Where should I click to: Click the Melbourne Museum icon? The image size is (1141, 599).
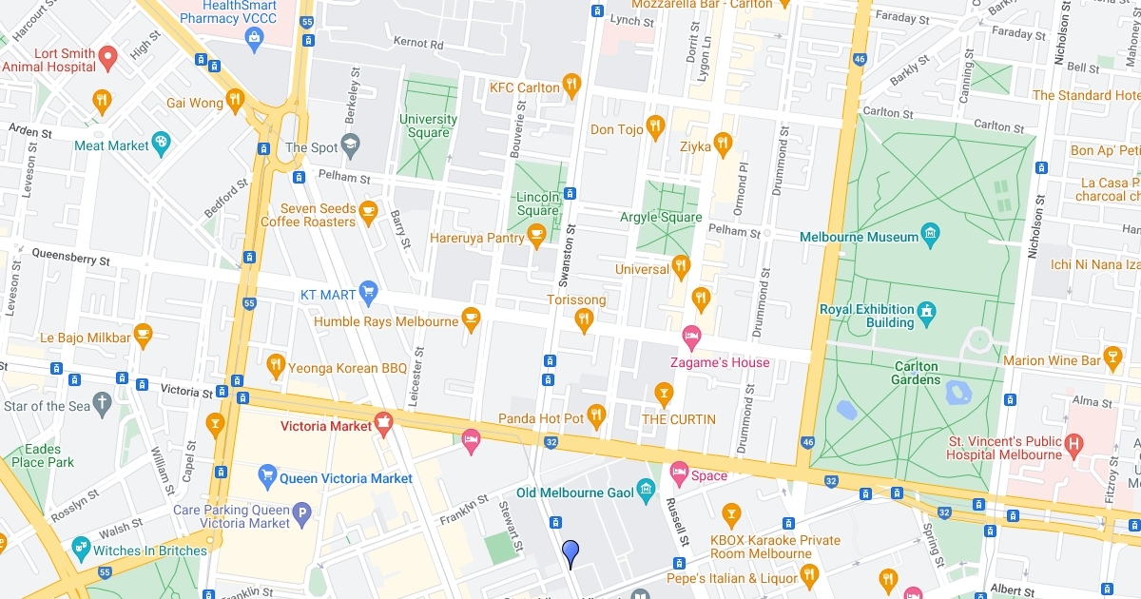coord(931,235)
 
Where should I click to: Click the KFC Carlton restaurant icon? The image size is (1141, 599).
coord(571,87)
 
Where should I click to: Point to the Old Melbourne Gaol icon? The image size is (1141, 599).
coord(647,492)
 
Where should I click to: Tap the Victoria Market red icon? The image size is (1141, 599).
coord(384,425)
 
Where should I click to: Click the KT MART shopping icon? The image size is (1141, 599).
coord(368,294)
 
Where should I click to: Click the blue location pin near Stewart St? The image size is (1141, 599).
coord(570,552)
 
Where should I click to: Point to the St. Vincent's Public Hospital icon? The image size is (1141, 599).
coord(1074,444)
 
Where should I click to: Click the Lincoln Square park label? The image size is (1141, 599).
coord(537,203)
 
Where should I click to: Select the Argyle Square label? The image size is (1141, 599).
coord(661,218)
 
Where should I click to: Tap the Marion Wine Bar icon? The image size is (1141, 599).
coord(1112,359)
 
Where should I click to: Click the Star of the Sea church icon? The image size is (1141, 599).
coord(104,405)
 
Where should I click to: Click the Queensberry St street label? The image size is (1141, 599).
coord(70,256)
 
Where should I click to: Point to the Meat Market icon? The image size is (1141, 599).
coord(162,145)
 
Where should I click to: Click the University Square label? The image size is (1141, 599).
coord(428,126)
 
